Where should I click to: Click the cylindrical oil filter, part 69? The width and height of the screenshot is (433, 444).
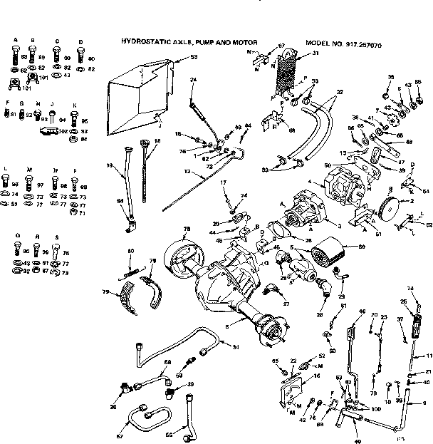(331, 254)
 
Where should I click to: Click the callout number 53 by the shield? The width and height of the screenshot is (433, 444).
(194, 56)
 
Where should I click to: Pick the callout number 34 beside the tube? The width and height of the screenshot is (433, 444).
(236, 347)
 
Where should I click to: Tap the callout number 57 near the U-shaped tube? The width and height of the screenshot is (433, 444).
(119, 436)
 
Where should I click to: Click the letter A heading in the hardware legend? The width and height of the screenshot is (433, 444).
(14, 41)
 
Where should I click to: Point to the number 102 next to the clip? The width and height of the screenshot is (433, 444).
(63, 131)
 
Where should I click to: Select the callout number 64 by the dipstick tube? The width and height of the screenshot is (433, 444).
(120, 202)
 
